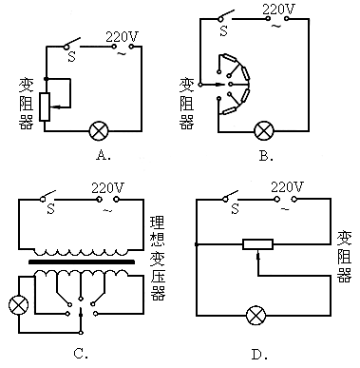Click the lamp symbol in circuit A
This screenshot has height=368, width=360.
(x=99, y=130)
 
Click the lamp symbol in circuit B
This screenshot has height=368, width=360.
(x=264, y=130)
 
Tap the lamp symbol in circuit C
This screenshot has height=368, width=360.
(x=18, y=305)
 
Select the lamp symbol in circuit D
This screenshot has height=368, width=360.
(x=256, y=315)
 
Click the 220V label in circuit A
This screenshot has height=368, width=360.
(x=122, y=37)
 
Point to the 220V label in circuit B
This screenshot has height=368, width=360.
(x=278, y=10)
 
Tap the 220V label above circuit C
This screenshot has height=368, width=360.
(x=107, y=188)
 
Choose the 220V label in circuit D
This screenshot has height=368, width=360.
(x=288, y=187)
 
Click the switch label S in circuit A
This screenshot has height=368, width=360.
(x=72, y=57)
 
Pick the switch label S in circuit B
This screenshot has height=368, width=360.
(x=224, y=31)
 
